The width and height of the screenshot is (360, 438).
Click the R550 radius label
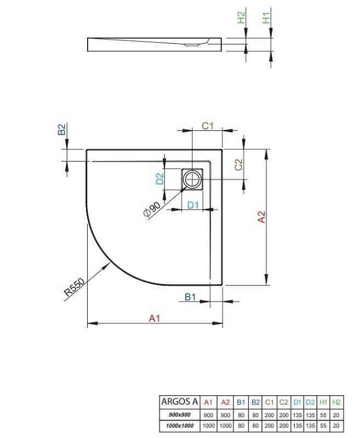click(x=74, y=287)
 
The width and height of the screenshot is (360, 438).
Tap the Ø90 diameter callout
click(x=152, y=209)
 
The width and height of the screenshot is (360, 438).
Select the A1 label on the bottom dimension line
click(x=155, y=318)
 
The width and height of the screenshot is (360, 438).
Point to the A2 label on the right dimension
click(x=261, y=217)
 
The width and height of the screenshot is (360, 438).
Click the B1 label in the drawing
click(x=190, y=297)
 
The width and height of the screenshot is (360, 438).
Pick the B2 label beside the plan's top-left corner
click(x=61, y=129)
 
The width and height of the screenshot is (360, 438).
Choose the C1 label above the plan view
click(x=208, y=126)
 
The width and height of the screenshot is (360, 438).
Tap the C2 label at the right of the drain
click(x=238, y=165)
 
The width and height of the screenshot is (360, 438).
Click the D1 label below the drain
click(x=193, y=205)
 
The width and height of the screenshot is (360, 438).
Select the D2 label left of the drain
click(x=159, y=179)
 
